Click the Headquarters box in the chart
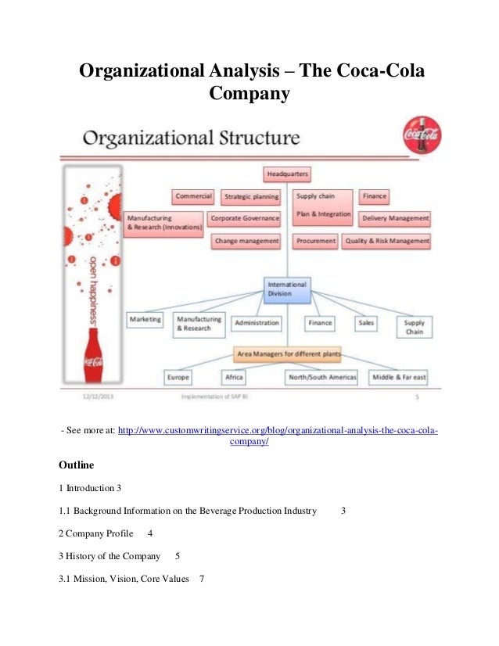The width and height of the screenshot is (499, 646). click(287, 174)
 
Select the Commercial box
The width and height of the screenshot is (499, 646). click(193, 196)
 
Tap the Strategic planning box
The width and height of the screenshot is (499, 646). click(251, 197)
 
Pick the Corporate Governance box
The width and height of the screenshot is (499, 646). click(245, 218)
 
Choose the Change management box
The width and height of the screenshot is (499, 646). click(246, 242)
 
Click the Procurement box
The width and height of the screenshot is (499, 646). click(315, 242)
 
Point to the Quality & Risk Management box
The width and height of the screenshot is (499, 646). click(387, 242)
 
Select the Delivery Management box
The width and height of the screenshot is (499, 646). click(395, 218)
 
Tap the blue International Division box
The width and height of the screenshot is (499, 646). click(287, 289)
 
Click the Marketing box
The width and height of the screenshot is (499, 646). click(145, 320)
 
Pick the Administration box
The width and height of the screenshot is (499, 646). click(257, 322)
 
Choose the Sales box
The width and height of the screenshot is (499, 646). click(366, 321)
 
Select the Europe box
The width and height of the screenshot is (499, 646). click(178, 377)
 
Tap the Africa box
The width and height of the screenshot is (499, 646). click(233, 377)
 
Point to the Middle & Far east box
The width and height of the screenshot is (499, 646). click(399, 377)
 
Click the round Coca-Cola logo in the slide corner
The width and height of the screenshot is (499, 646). click(421, 135)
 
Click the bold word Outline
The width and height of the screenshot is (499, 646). click(77, 465)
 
